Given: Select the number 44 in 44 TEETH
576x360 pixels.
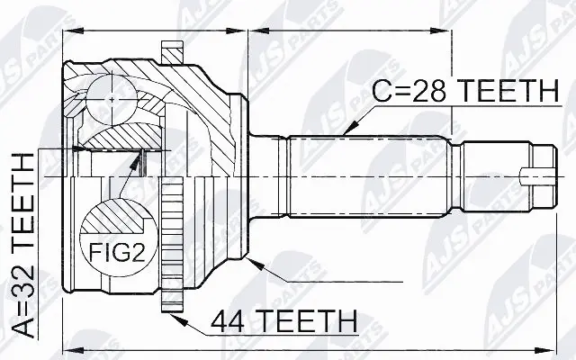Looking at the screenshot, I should [x=229, y=320].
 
